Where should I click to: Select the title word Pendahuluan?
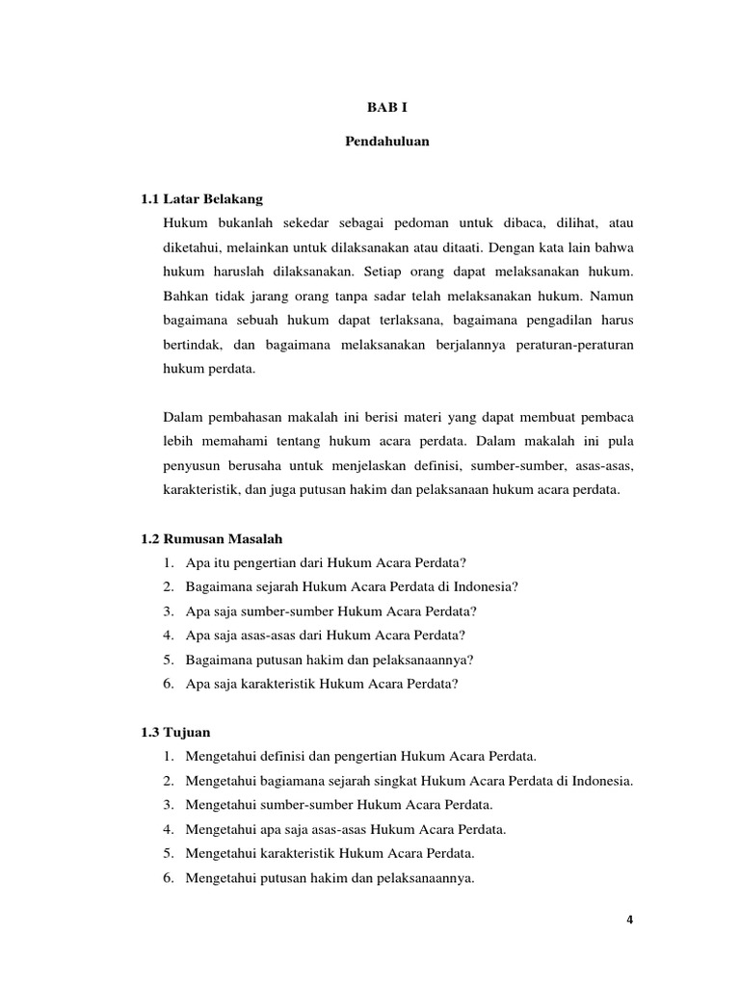coord(386,142)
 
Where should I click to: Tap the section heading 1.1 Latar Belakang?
coord(201,198)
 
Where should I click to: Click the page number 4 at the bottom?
coord(629,919)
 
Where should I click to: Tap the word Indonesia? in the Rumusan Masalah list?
coord(488,586)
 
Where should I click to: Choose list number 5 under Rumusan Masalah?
coord(168,660)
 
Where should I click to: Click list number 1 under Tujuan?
coord(168,755)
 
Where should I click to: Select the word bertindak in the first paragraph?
coord(192,344)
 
